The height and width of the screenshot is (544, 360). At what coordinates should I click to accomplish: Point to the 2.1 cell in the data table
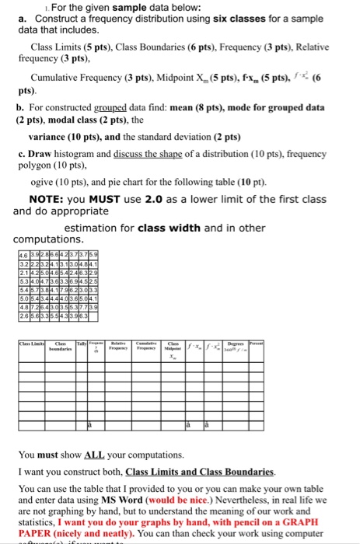click(22, 272)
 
